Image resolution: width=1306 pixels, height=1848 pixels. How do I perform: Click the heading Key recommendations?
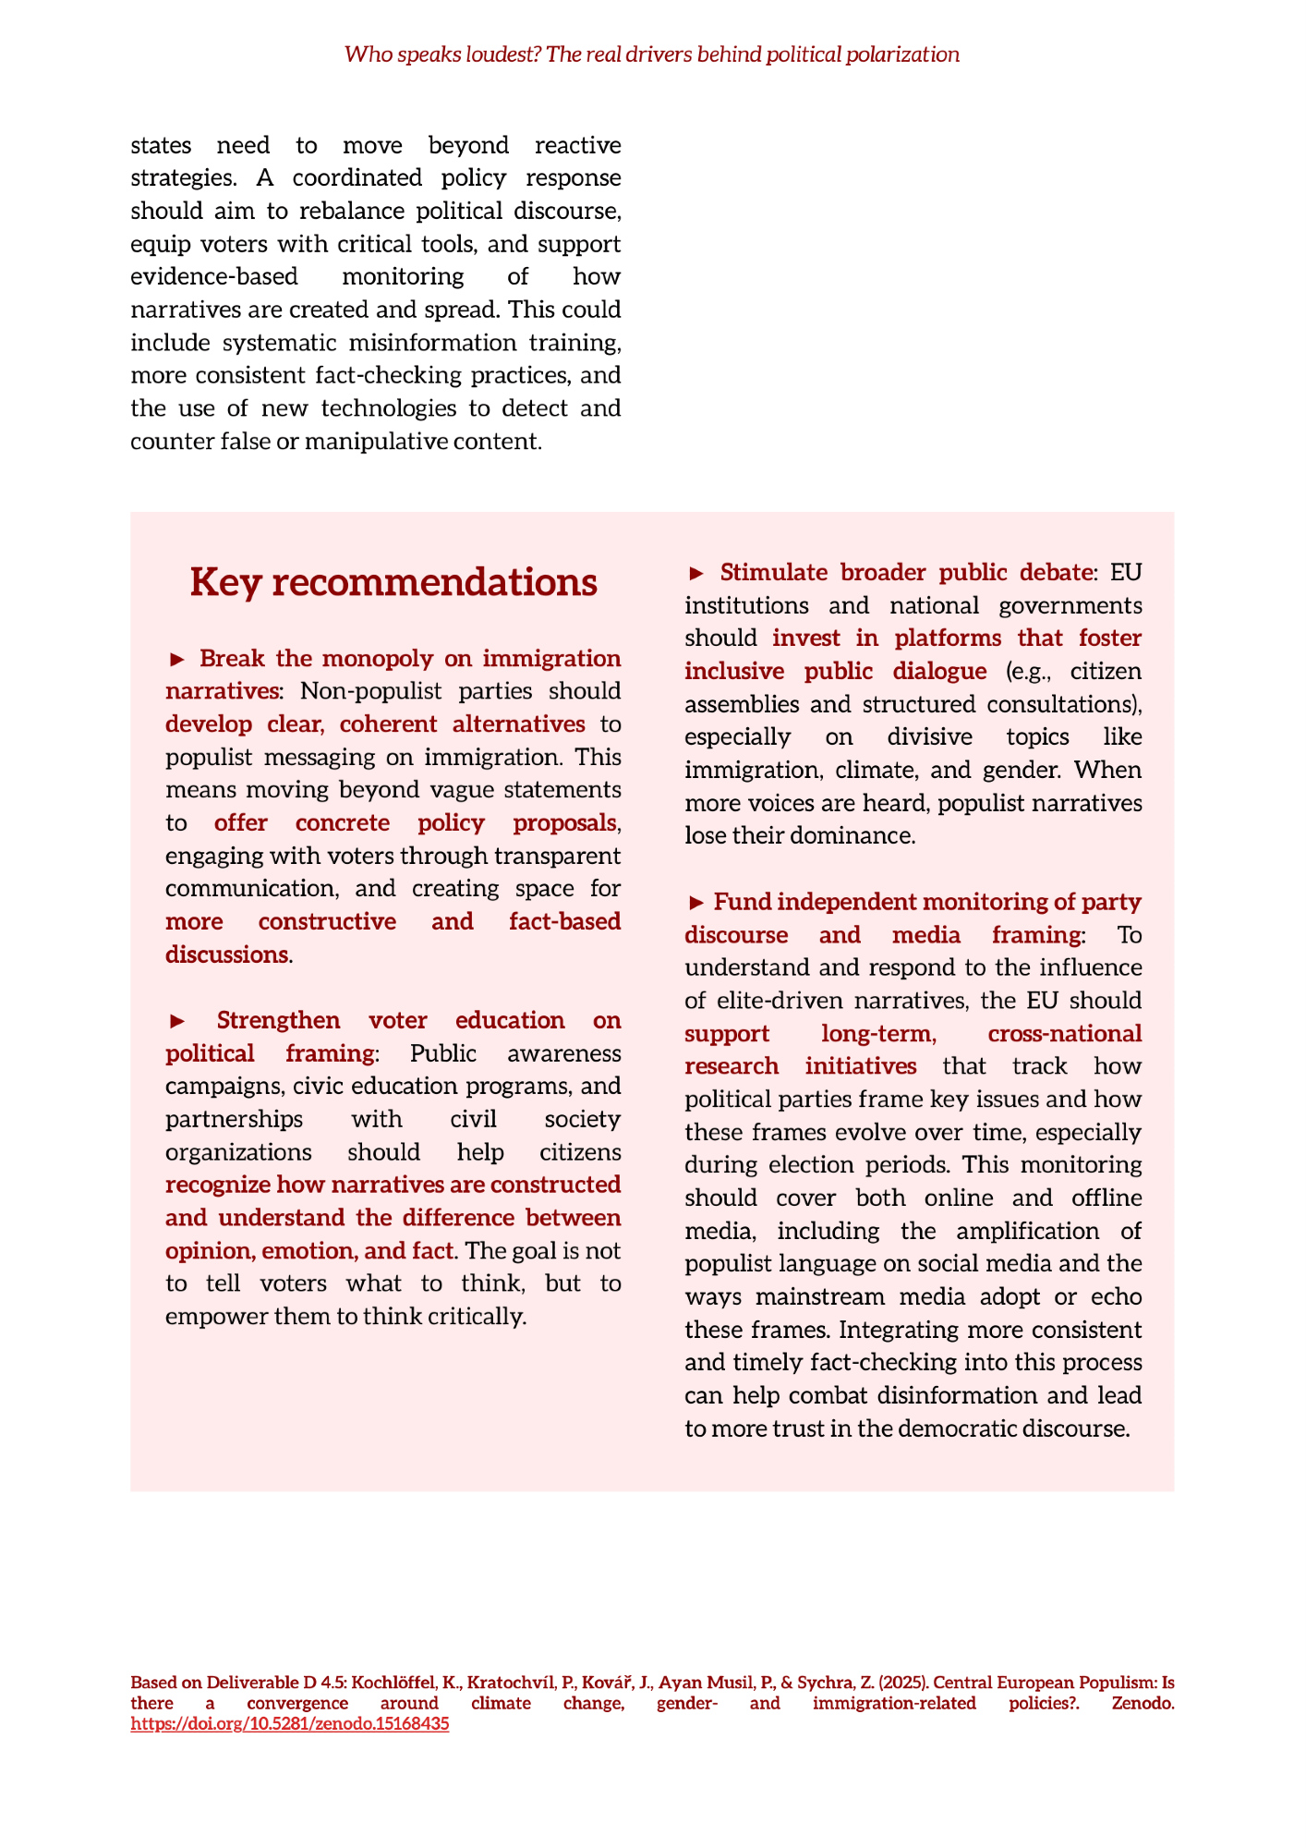tap(393, 583)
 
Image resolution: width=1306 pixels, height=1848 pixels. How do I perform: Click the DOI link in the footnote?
tap(290, 1723)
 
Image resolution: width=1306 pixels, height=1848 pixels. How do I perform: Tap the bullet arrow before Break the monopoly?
tap(177, 659)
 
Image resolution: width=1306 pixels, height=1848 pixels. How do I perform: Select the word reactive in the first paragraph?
tap(577, 145)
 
